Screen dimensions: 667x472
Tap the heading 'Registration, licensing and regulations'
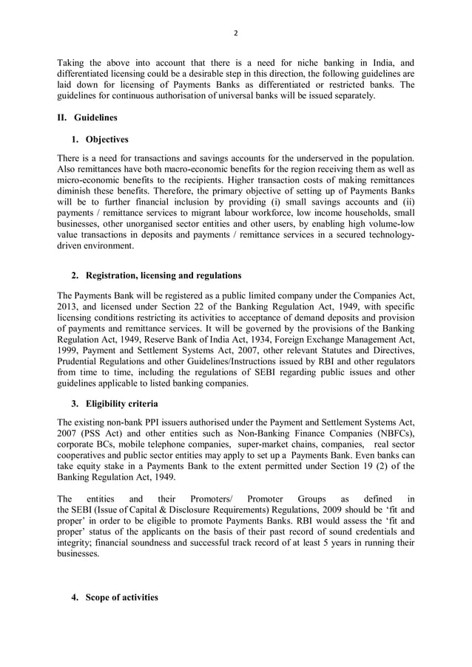(x=163, y=276)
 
